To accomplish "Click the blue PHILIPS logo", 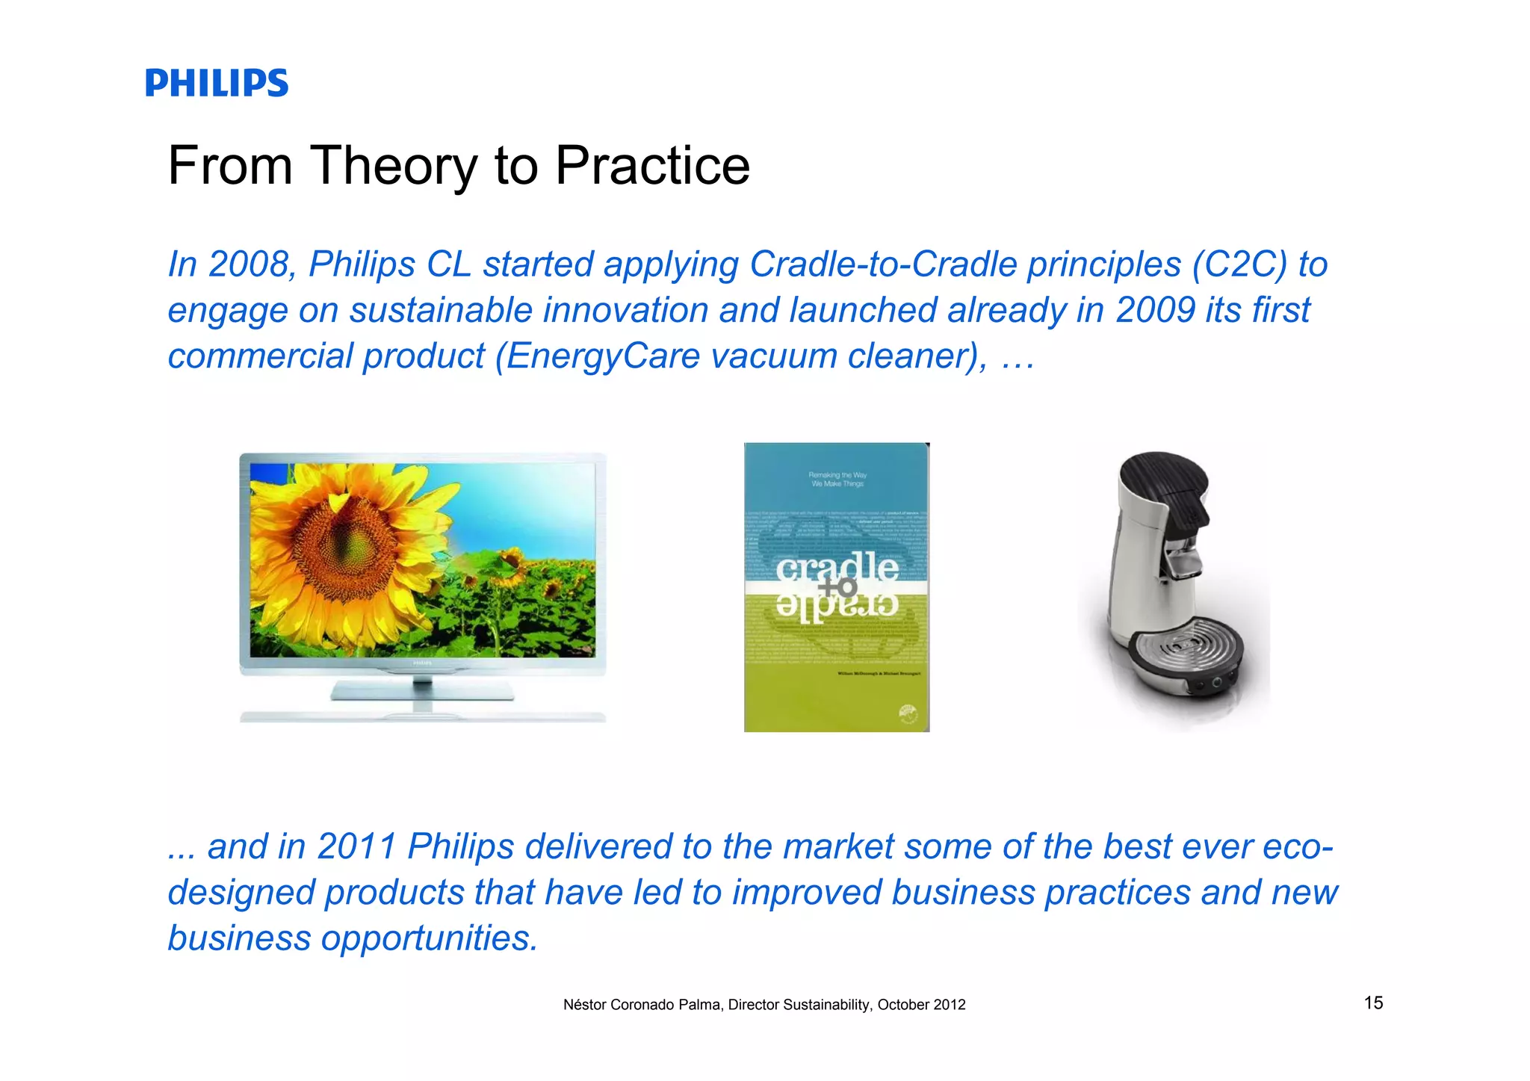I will pos(217,83).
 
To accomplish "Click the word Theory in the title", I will pos(394,166).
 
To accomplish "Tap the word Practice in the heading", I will pos(652,166).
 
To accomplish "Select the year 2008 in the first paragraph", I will pos(248,264).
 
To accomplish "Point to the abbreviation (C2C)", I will pos(1239,264).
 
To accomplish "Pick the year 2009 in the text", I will pos(1155,310).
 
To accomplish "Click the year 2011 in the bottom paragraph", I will pos(356,846).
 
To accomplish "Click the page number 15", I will pos(1373,1003).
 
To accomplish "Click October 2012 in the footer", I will pos(921,1005).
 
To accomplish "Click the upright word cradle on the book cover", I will pos(837,568).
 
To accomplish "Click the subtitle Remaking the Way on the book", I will pos(837,475).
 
